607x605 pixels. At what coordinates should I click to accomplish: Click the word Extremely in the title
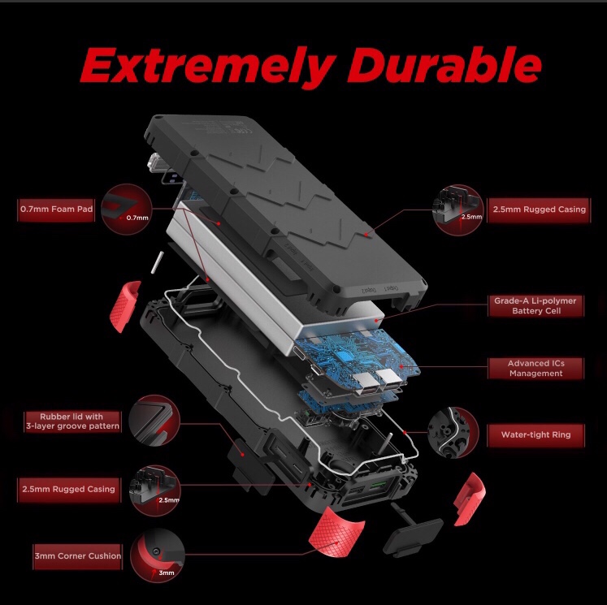click(x=208, y=67)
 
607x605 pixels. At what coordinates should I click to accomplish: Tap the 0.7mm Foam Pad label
click(x=57, y=210)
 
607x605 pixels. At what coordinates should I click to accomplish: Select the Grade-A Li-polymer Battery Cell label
click(x=536, y=305)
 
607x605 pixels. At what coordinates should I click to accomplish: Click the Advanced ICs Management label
click(x=536, y=368)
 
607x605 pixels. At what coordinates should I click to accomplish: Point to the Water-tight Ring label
click(x=536, y=434)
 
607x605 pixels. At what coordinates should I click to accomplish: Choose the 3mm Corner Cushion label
click(x=78, y=556)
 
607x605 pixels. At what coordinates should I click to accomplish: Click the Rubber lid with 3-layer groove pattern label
click(x=73, y=421)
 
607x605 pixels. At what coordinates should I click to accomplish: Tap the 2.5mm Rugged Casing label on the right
click(x=540, y=210)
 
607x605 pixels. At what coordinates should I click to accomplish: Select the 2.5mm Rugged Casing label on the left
click(x=69, y=490)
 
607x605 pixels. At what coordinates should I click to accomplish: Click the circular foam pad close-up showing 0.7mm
click(x=127, y=210)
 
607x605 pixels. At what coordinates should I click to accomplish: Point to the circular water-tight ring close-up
click(x=453, y=433)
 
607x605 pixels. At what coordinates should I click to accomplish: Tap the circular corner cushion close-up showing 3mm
click(x=158, y=555)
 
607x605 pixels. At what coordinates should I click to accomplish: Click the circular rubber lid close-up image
click(x=154, y=421)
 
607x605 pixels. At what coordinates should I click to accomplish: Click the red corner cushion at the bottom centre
click(x=336, y=533)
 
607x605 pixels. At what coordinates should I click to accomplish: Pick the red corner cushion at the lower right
click(x=470, y=499)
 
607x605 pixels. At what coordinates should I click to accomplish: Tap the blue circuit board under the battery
click(x=358, y=358)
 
